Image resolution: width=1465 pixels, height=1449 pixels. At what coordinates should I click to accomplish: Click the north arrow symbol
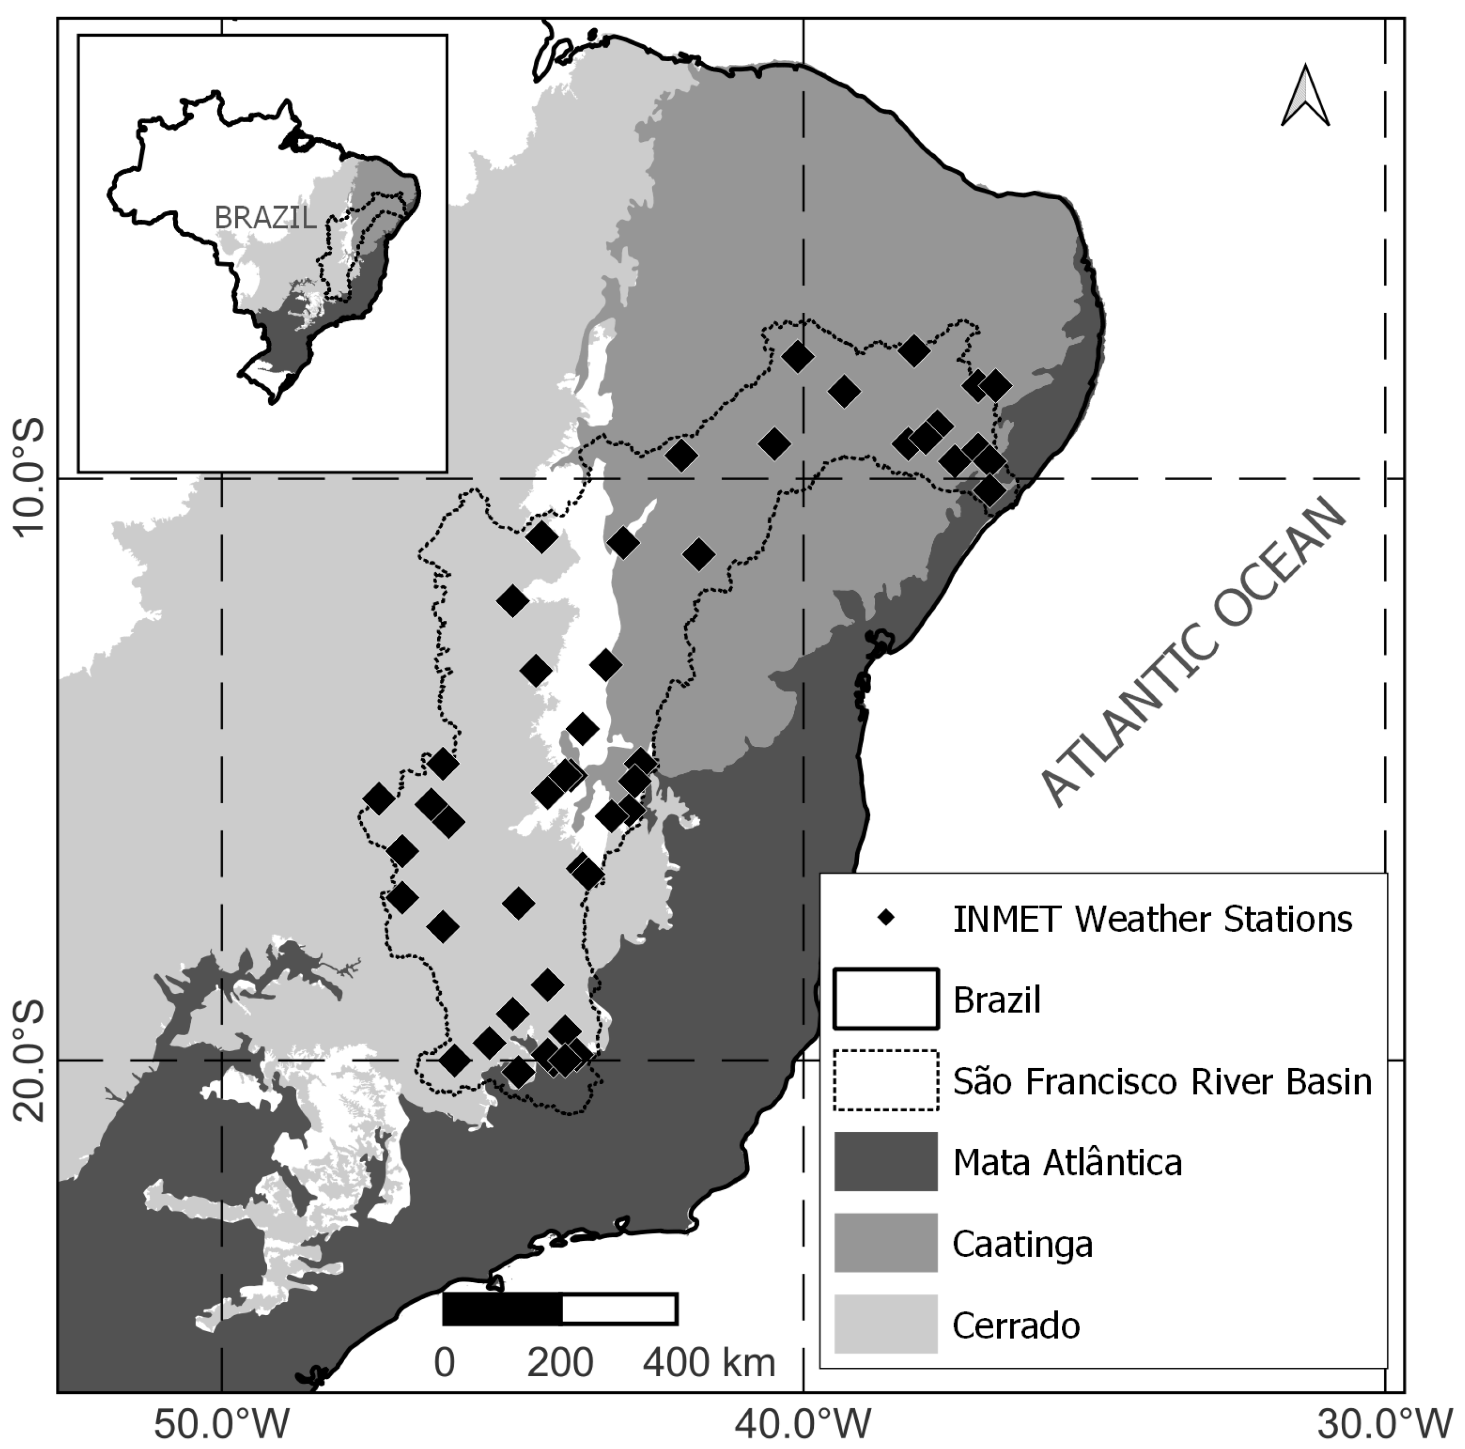[1305, 96]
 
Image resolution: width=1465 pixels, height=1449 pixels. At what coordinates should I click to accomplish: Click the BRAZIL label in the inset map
[266, 218]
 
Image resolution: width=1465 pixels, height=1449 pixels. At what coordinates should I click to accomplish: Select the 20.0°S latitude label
[30, 1061]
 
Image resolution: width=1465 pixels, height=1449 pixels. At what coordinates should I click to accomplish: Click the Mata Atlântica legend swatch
[885, 1162]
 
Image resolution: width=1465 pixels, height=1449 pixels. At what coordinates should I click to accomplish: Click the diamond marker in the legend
[885, 918]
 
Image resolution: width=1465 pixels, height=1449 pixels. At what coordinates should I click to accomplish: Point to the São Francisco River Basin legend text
[1162, 1081]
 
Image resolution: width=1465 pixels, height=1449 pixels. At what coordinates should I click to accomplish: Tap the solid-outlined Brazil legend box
[885, 999]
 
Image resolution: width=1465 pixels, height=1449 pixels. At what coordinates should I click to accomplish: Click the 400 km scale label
[709, 1362]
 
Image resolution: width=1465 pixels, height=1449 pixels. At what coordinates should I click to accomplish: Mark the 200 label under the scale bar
[560, 1362]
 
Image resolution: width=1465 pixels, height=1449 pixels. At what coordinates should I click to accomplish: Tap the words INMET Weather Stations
[1152, 919]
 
